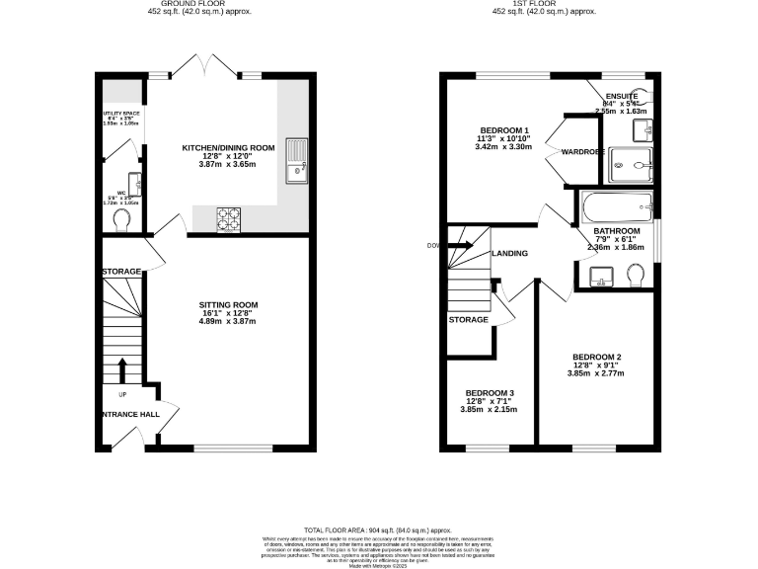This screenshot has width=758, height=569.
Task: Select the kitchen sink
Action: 295,161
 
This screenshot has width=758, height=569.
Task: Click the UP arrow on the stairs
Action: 122,370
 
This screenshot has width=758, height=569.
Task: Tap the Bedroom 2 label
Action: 596,358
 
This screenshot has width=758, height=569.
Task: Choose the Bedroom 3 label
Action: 491,393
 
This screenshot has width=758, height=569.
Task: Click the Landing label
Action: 509,254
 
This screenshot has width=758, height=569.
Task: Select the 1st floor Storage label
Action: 468,320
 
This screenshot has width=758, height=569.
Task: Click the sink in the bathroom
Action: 600,275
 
